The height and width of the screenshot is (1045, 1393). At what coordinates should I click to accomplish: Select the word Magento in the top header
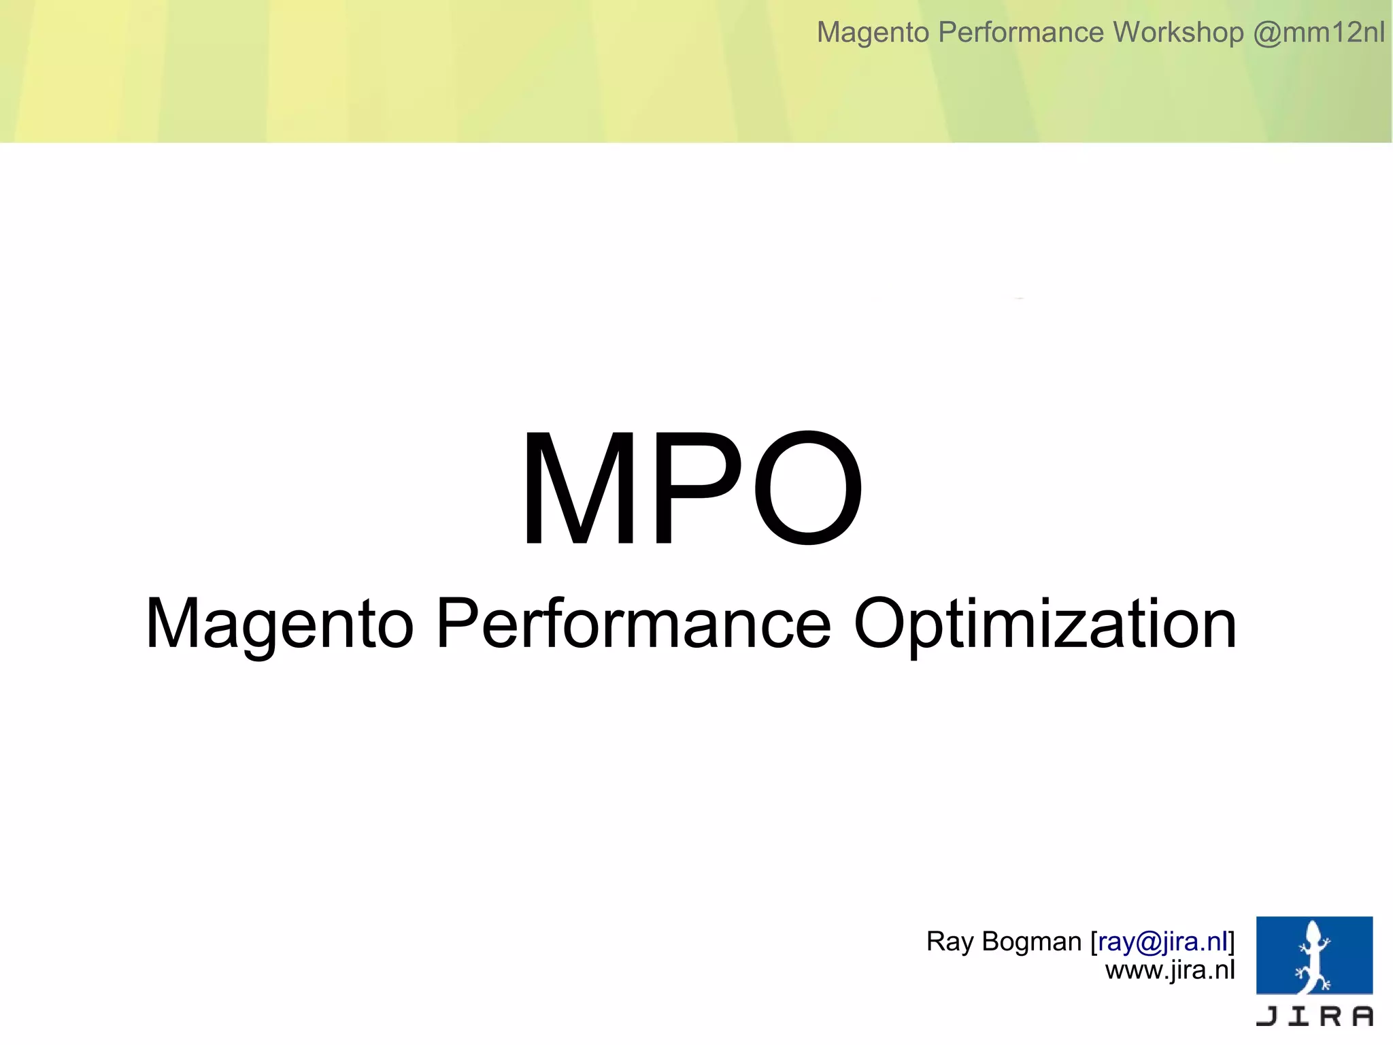(873, 32)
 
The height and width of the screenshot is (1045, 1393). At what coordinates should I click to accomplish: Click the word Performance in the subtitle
(633, 623)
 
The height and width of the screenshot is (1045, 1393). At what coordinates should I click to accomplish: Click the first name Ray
(950, 942)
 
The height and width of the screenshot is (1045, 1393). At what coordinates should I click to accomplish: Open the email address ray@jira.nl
(1162, 942)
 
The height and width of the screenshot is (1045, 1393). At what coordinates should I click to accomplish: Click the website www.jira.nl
(1170, 970)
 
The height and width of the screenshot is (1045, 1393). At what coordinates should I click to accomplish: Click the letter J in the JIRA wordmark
(1267, 1016)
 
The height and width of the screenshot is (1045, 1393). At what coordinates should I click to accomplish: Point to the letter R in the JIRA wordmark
(1331, 1016)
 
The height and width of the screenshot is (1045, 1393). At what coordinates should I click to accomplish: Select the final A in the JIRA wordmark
(1362, 1016)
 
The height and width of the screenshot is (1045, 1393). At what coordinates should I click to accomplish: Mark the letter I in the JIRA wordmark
(1299, 1016)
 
